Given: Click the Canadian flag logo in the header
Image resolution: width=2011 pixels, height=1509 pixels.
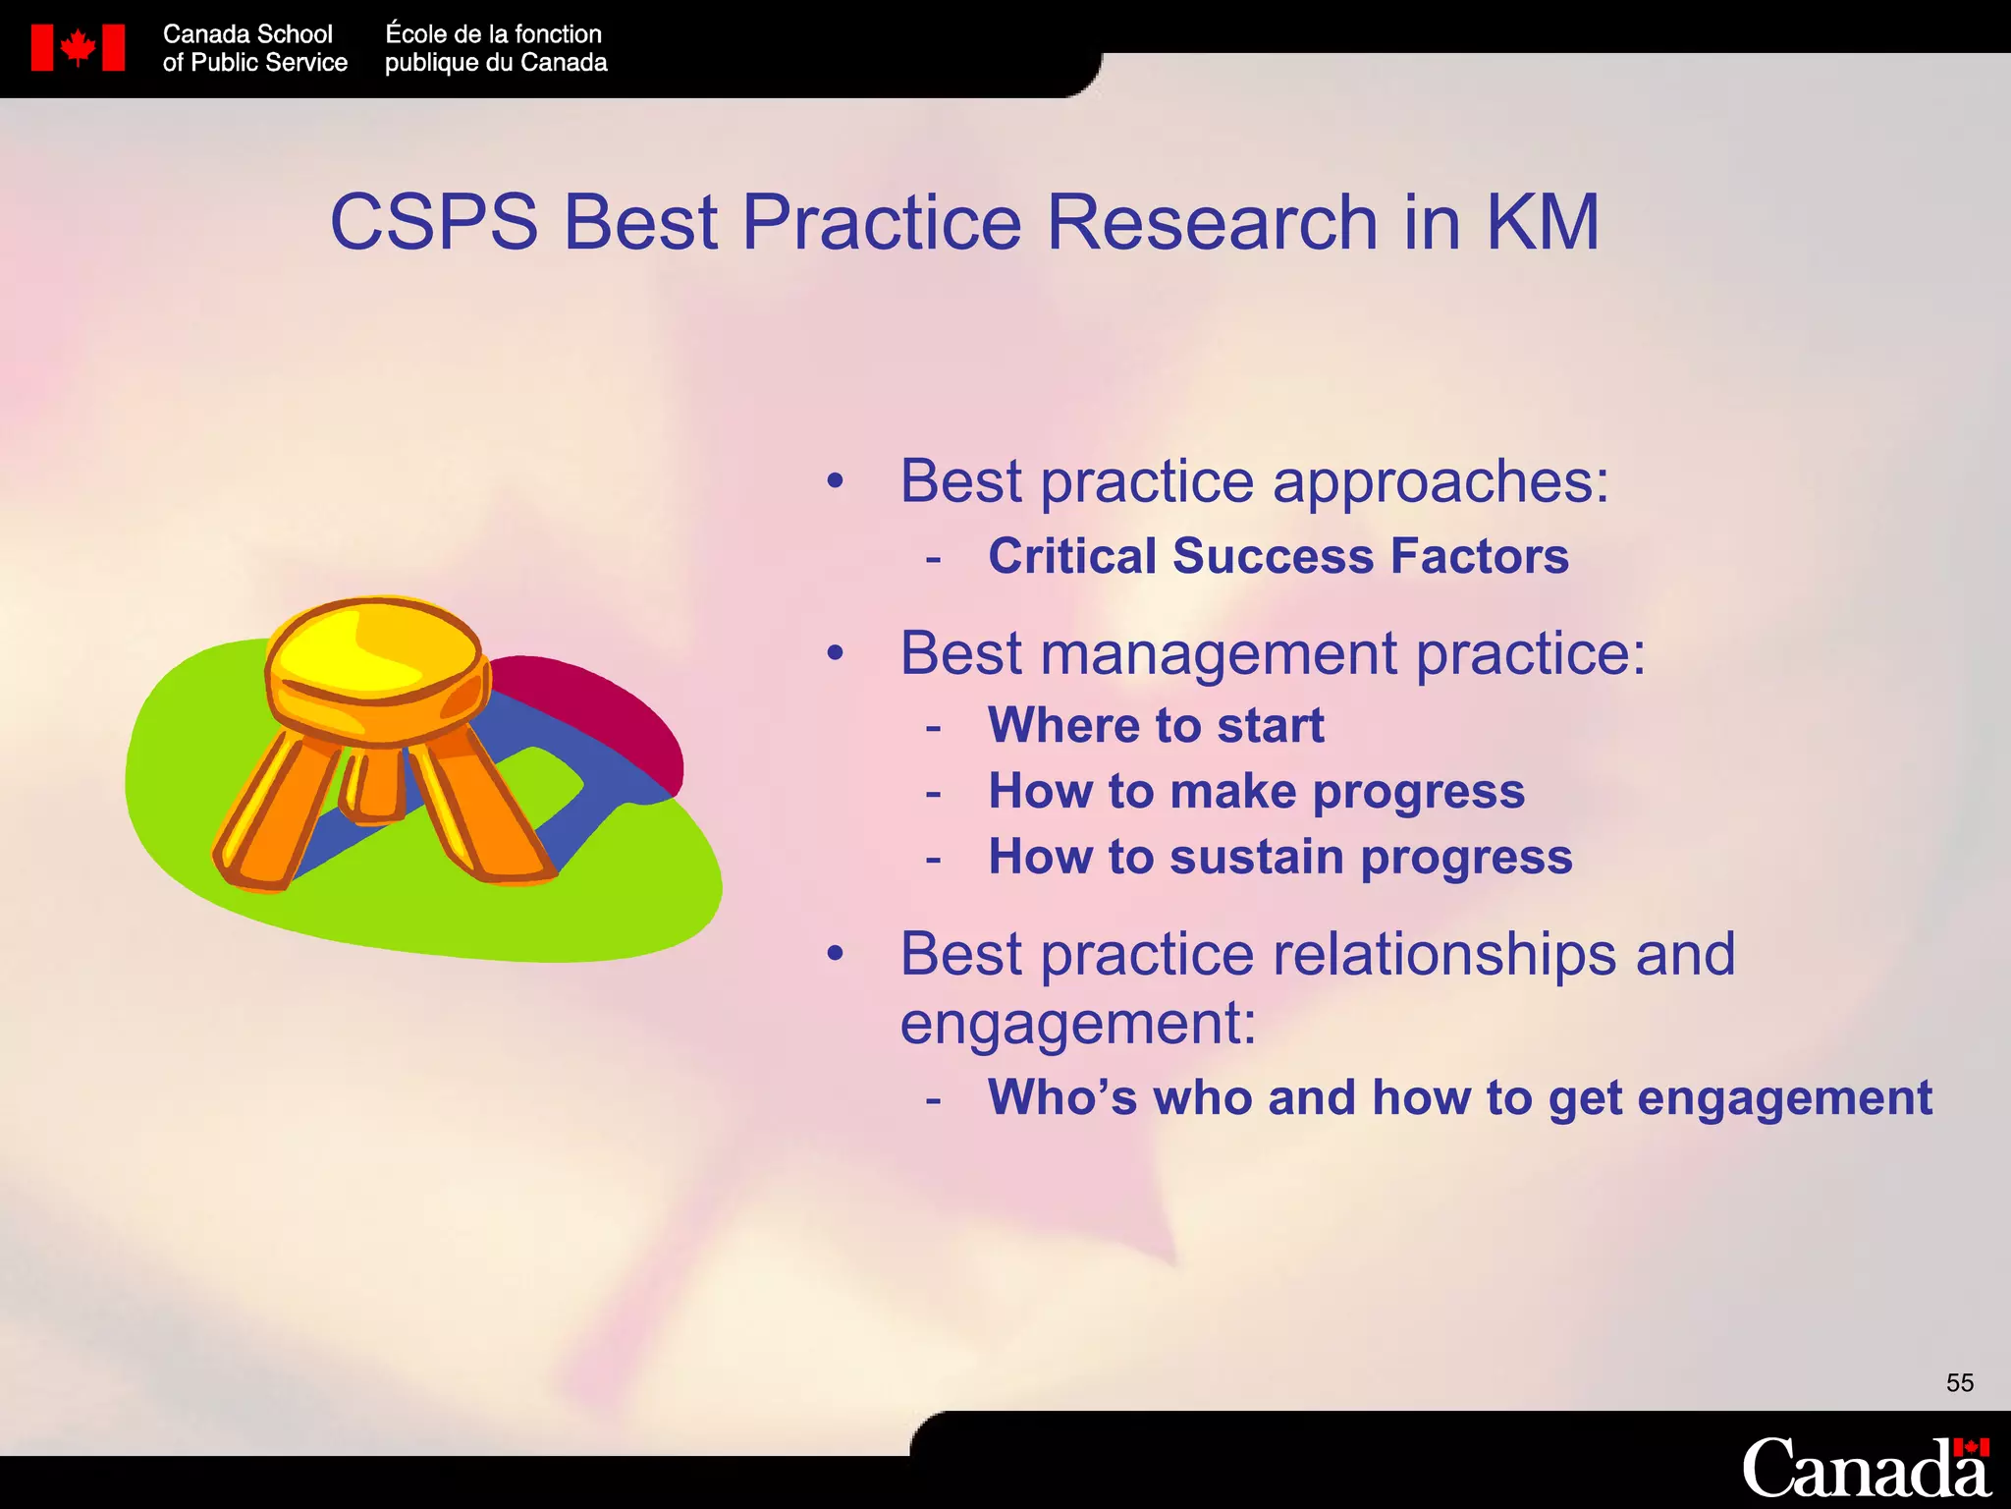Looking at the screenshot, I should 78,47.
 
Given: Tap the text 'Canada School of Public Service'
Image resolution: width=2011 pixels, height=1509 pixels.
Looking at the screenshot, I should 254,48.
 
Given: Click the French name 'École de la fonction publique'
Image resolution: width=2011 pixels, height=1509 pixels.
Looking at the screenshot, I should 495,48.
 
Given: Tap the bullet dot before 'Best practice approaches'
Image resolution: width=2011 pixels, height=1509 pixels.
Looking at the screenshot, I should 835,481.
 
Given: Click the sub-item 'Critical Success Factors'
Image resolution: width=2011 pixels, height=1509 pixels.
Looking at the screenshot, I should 1277,556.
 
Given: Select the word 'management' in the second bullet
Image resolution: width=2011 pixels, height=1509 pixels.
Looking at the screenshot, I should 1219,654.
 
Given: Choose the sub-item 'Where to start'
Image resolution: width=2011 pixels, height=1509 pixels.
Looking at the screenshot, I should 1156,726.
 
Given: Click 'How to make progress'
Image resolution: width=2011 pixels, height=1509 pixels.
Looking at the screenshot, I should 1256,792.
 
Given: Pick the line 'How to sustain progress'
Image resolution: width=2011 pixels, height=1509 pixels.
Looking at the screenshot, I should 1279,857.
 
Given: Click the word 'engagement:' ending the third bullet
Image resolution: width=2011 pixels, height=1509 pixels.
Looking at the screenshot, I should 1077,1024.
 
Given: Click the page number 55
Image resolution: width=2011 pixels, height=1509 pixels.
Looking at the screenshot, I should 1959,1383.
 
